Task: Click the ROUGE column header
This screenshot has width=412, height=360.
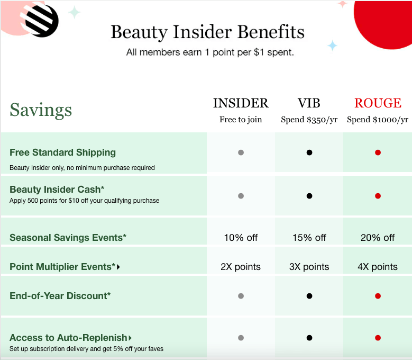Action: (x=378, y=103)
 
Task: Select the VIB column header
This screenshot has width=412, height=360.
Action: (x=309, y=103)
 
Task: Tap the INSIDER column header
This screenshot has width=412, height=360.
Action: (x=241, y=103)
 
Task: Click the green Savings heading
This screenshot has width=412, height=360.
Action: (x=41, y=110)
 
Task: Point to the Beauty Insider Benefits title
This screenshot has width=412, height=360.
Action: (x=207, y=32)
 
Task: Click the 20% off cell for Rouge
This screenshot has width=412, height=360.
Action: (x=378, y=238)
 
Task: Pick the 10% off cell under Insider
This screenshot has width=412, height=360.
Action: (x=241, y=238)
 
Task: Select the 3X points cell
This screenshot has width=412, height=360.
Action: (x=309, y=267)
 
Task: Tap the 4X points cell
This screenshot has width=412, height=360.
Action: (x=378, y=267)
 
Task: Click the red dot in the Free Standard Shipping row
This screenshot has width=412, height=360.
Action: (x=378, y=152)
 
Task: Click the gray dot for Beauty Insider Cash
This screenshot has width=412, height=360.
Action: (x=241, y=196)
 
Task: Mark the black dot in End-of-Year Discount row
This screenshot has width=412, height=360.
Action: (x=309, y=296)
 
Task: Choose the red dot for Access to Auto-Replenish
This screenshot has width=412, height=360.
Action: (x=378, y=338)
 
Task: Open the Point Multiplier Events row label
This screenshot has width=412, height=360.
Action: (x=62, y=267)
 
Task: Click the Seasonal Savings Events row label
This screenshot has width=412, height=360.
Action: (x=68, y=238)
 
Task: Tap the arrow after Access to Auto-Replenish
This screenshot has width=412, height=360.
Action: (x=130, y=338)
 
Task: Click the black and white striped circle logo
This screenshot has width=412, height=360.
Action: (x=41, y=20)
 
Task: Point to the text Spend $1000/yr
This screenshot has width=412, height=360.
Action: (x=378, y=120)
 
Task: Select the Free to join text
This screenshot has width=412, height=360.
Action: (x=241, y=120)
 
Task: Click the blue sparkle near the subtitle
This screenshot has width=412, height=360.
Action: (x=332, y=46)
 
